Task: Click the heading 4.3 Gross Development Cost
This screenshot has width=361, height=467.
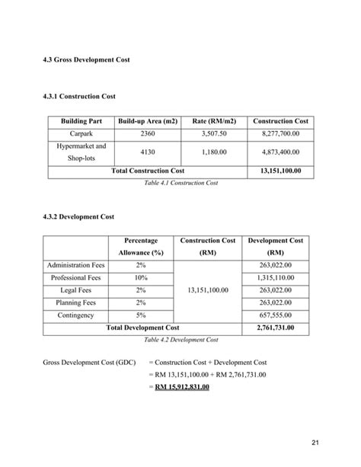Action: coord(86,59)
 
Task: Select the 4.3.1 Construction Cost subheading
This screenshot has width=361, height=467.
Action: coord(80,97)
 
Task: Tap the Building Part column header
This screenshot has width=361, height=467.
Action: coord(76,121)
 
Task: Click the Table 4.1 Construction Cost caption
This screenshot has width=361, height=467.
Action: coord(180,183)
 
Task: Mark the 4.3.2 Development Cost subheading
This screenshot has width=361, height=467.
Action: coord(79,216)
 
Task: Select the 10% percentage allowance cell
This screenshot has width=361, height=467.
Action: coord(140,278)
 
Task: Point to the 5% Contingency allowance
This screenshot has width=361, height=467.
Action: coord(140,315)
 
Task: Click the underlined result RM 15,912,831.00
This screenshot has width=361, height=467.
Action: coord(181,387)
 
